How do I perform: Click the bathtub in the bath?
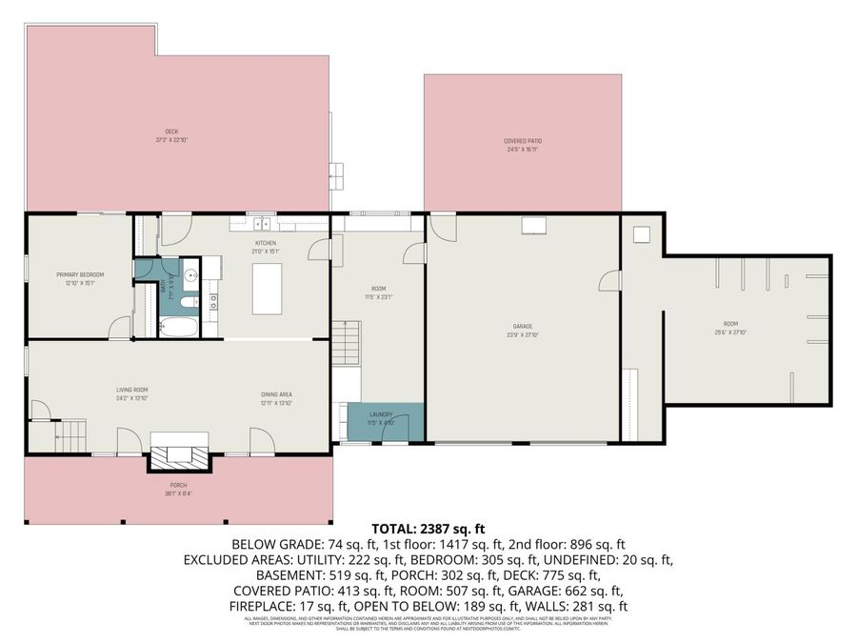tap(178, 329)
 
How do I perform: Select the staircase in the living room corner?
tap(70, 438)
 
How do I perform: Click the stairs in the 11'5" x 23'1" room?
tap(347, 339)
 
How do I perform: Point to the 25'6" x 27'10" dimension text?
tap(730, 332)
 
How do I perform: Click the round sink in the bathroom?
tap(190, 277)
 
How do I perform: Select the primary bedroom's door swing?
tap(120, 329)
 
